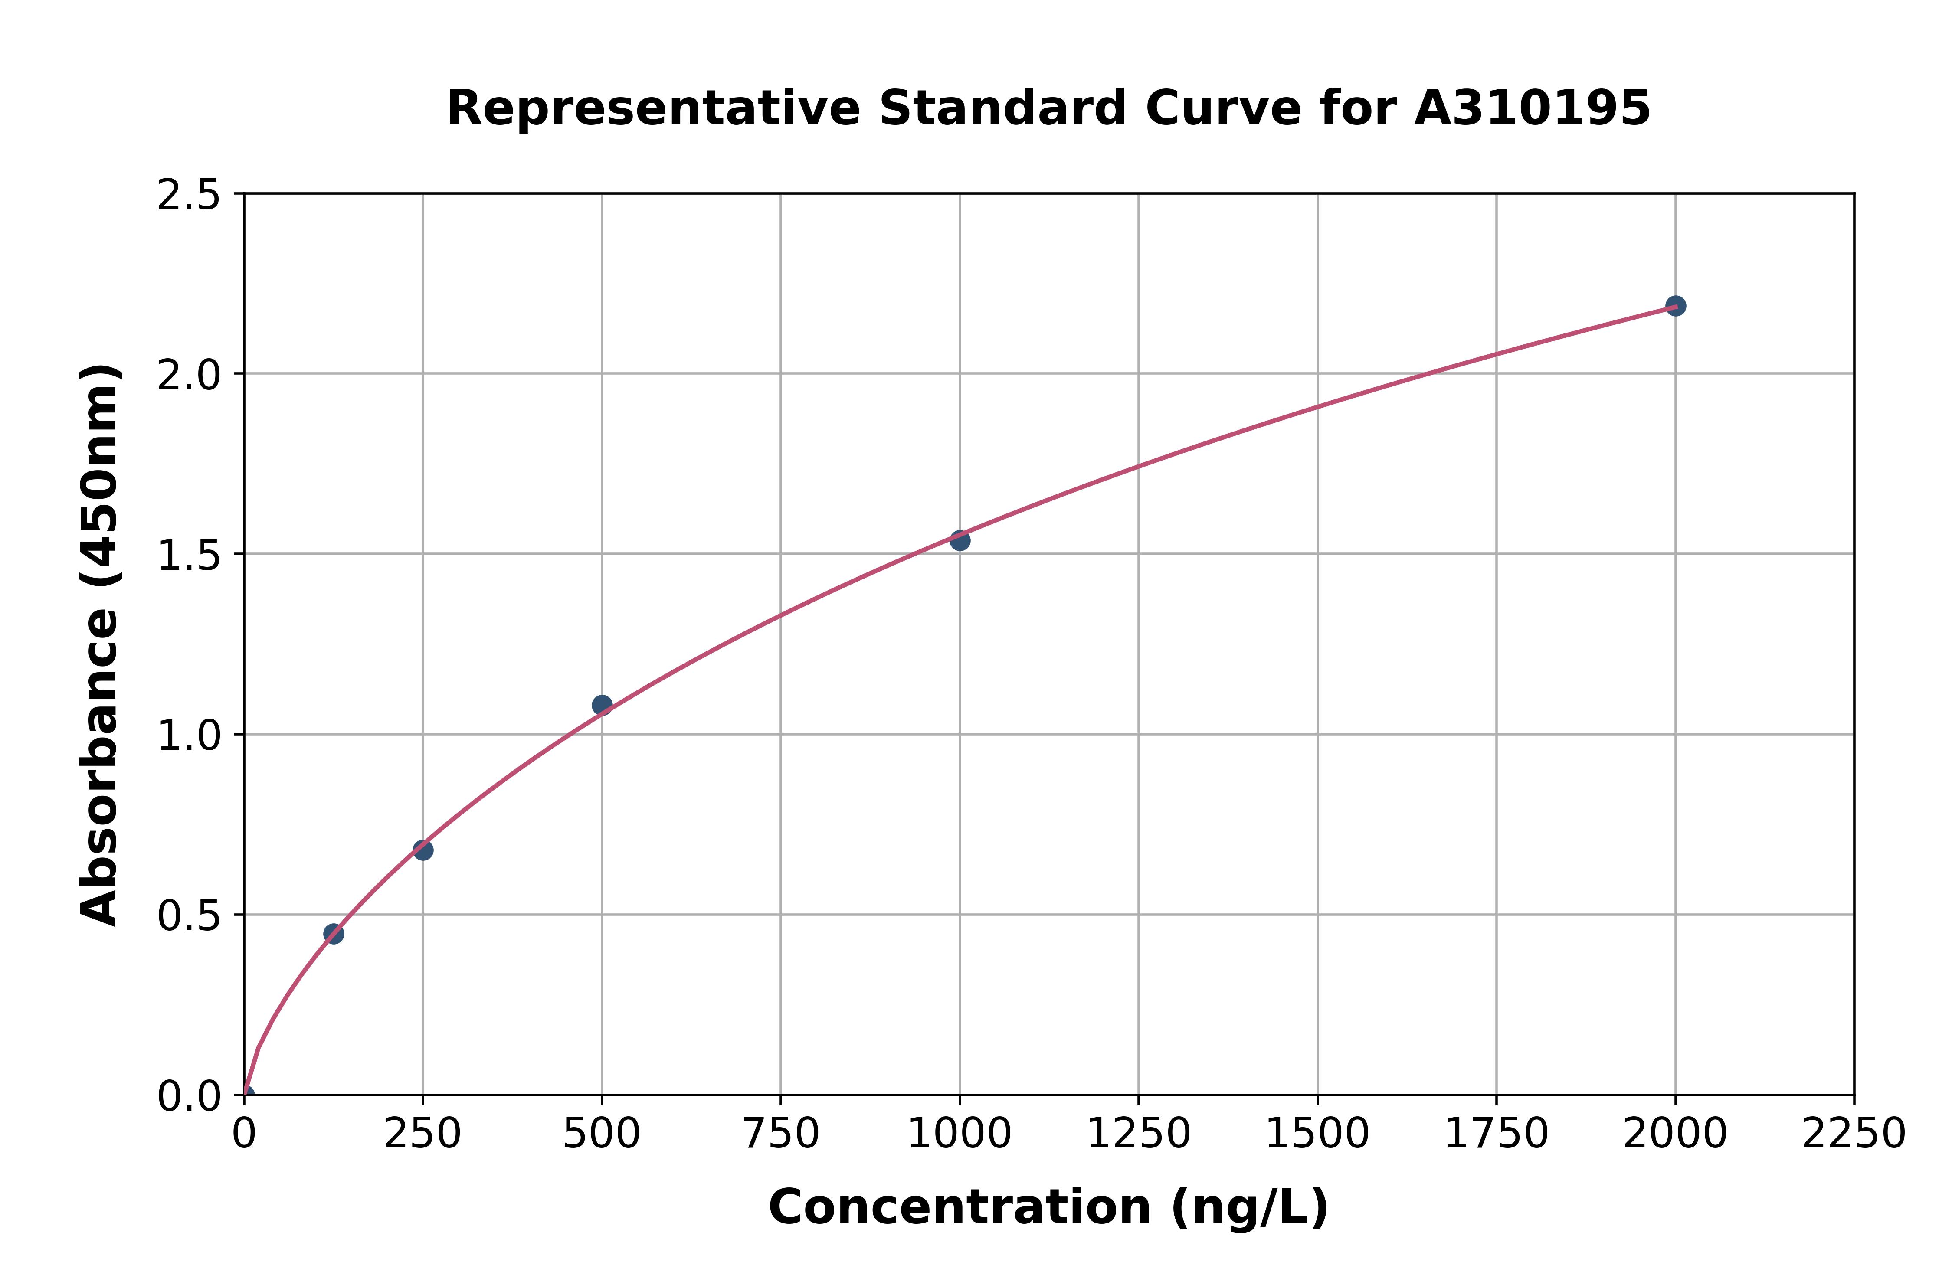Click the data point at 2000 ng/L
(1675, 306)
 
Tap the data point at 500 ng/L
(602, 705)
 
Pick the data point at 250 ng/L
(423, 850)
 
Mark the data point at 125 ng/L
(334, 933)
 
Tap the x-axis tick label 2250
(1854, 1134)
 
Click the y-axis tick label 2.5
(189, 196)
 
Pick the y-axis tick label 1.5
(189, 555)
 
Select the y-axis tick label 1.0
(189, 735)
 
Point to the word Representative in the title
(653, 108)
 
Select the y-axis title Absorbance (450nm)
(100, 645)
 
